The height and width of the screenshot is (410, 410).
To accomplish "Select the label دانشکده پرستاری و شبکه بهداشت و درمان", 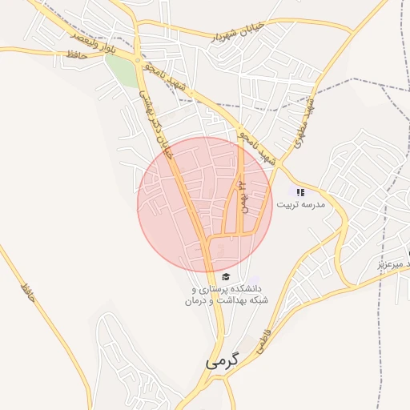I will [x=227, y=294].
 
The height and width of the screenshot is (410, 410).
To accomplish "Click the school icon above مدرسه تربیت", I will [x=301, y=192].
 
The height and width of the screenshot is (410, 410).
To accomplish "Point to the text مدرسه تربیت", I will [x=301, y=205].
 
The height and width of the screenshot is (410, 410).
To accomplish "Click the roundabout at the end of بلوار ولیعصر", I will [x=139, y=61].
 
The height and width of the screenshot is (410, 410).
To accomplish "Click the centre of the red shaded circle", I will [x=204, y=204].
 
